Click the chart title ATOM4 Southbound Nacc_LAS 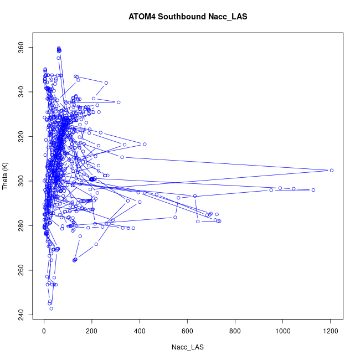coord(188,17)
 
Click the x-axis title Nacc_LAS coord(188,347)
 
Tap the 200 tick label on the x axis coord(92,331)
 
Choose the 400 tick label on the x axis coord(140,331)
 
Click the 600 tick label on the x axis coord(188,331)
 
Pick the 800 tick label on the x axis coord(235,331)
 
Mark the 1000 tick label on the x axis coord(283,331)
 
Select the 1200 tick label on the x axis coord(331,331)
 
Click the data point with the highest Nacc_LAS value coord(332,170)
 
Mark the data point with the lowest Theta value coord(51,308)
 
